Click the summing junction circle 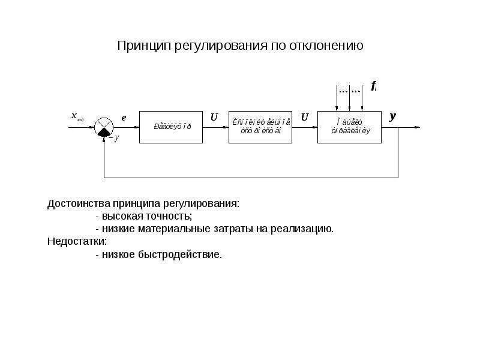pyautogui.click(x=104, y=127)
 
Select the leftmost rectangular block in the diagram pyautogui.click(x=170, y=127)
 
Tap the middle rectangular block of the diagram pyautogui.click(x=260, y=127)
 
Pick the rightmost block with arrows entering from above pyautogui.click(x=349, y=127)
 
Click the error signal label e pyautogui.click(x=124, y=118)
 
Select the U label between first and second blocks pyautogui.click(x=214, y=118)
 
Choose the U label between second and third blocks pyautogui.click(x=304, y=118)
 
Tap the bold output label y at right pyautogui.click(x=393, y=116)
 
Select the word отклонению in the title pyautogui.click(x=327, y=46)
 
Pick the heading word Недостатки pyautogui.click(x=77, y=241)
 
